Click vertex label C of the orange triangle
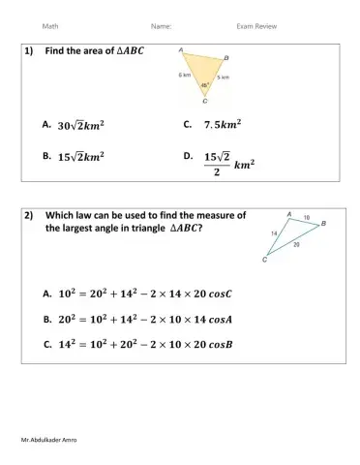[204, 100]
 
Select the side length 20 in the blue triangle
[295, 245]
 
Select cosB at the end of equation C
[234, 343]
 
